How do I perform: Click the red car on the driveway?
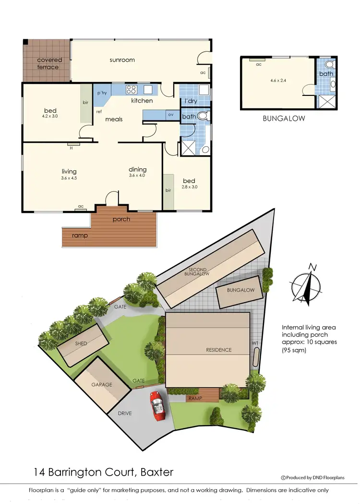[x=157, y=405]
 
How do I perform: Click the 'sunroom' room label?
[x=122, y=60]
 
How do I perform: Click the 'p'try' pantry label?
[x=102, y=93]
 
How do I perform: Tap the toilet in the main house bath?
[x=203, y=116]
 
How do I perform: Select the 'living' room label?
[x=69, y=171]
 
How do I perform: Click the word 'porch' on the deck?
[x=121, y=219]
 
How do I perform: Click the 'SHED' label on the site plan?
[x=81, y=344]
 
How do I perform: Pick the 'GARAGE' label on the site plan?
[x=102, y=384]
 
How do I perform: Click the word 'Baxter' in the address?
[x=156, y=472]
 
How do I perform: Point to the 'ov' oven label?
[x=170, y=115]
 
